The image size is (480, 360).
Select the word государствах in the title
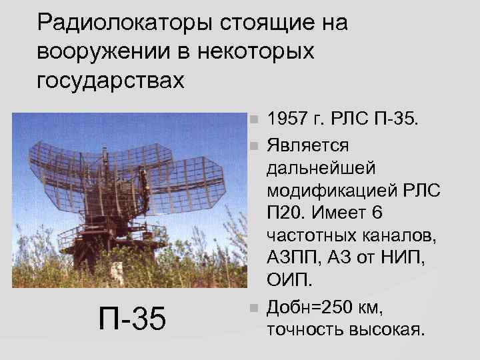click(x=110, y=81)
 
